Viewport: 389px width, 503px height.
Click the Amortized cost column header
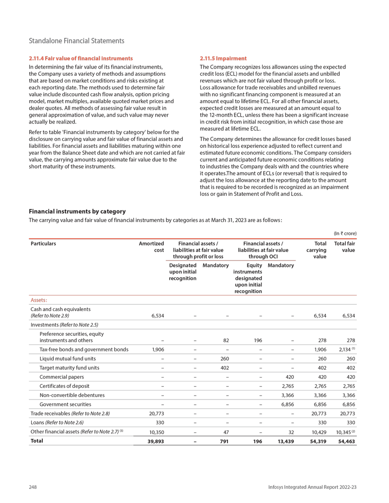(x=152, y=246)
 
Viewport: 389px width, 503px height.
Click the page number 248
(x=33, y=487)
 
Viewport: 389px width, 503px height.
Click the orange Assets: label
(x=39, y=300)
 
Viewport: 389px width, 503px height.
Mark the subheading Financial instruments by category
(x=78, y=211)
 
